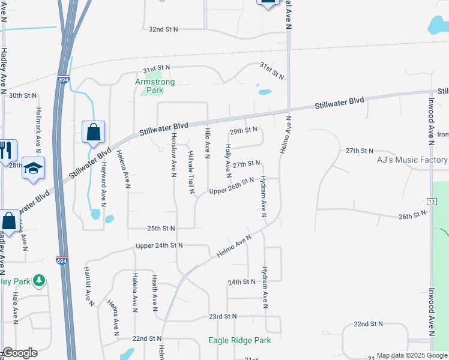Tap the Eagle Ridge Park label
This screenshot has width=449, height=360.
[x=240, y=340]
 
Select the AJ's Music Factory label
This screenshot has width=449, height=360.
[x=412, y=160]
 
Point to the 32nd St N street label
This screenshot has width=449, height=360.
[x=163, y=29]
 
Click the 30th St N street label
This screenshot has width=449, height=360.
[x=23, y=95]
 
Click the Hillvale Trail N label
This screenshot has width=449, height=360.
[x=191, y=173]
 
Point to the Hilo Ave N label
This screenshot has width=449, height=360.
[x=208, y=143]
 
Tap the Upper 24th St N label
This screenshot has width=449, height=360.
[x=159, y=245]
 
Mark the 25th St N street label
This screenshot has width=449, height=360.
[x=160, y=228]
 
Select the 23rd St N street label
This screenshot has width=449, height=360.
[x=223, y=316]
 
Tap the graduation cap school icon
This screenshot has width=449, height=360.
[x=34, y=168]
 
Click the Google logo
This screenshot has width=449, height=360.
[x=20, y=353]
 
